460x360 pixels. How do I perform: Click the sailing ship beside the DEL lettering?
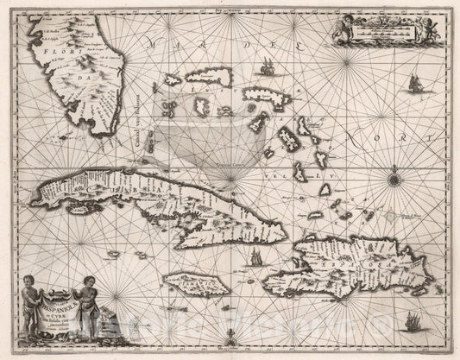coord(268,65)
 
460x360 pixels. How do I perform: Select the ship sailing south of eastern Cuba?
coord(254,258)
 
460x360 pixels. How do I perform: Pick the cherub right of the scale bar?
coord(428,29)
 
